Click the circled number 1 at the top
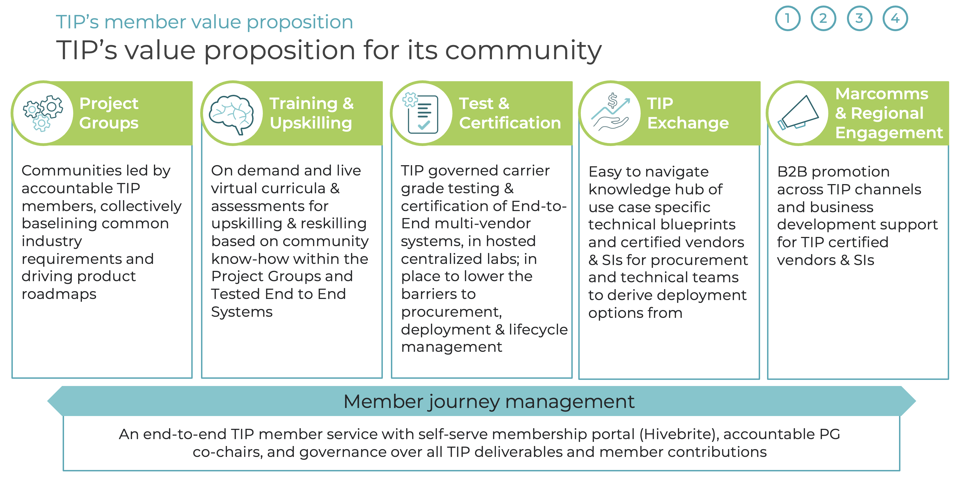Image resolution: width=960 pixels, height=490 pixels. [x=787, y=19]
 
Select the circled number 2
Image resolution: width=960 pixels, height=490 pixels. [x=823, y=19]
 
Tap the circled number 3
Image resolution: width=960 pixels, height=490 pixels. [x=859, y=19]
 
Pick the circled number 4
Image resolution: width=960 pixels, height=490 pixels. [x=895, y=19]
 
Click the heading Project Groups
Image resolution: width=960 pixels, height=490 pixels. [x=109, y=113]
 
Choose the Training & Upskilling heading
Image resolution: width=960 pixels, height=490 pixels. [x=311, y=113]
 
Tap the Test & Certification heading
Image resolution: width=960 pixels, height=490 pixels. [x=510, y=113]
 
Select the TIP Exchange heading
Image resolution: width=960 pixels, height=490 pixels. [x=688, y=113]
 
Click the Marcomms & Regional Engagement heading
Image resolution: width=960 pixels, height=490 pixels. [x=888, y=113]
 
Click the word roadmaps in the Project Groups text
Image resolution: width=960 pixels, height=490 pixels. [x=59, y=294]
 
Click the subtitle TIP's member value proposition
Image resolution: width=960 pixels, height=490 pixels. [x=204, y=22]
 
